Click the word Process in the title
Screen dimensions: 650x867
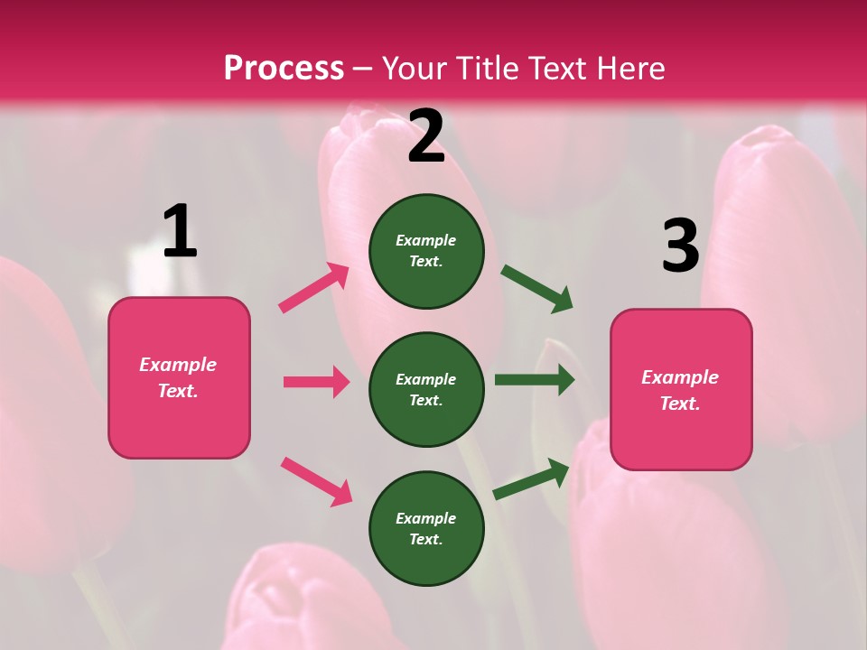click(x=284, y=69)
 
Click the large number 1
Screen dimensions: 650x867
click(x=180, y=231)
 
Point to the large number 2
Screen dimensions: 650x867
click(x=426, y=137)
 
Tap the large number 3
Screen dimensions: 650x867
click(x=680, y=246)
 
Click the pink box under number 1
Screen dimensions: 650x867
click(x=179, y=377)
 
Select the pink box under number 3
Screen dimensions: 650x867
click(x=681, y=389)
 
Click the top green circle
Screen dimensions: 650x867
click(x=426, y=251)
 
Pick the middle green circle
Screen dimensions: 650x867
click(x=426, y=389)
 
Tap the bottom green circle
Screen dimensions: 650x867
click(x=426, y=528)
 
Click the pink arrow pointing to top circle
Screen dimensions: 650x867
click(x=314, y=288)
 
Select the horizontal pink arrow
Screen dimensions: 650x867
click(x=316, y=382)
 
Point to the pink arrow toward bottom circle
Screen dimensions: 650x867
click(x=316, y=481)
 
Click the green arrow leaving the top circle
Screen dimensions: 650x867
click(x=536, y=289)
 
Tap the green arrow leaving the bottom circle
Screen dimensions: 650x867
click(x=531, y=478)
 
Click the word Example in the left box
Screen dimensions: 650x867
click(x=178, y=365)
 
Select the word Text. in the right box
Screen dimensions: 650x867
click(x=680, y=404)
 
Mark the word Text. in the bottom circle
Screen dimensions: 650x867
click(x=425, y=539)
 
